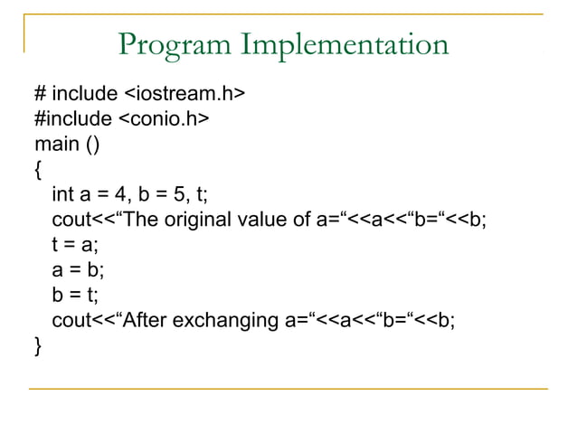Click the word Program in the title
click(x=171, y=44)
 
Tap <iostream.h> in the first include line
click(x=184, y=93)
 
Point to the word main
click(x=53, y=144)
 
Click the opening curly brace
click(x=37, y=169)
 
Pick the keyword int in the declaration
click(x=62, y=194)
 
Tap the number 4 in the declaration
click(x=125, y=194)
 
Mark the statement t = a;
click(x=75, y=244)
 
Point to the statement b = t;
click(x=75, y=295)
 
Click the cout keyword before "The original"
click(x=72, y=220)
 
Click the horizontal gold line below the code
click(x=288, y=389)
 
